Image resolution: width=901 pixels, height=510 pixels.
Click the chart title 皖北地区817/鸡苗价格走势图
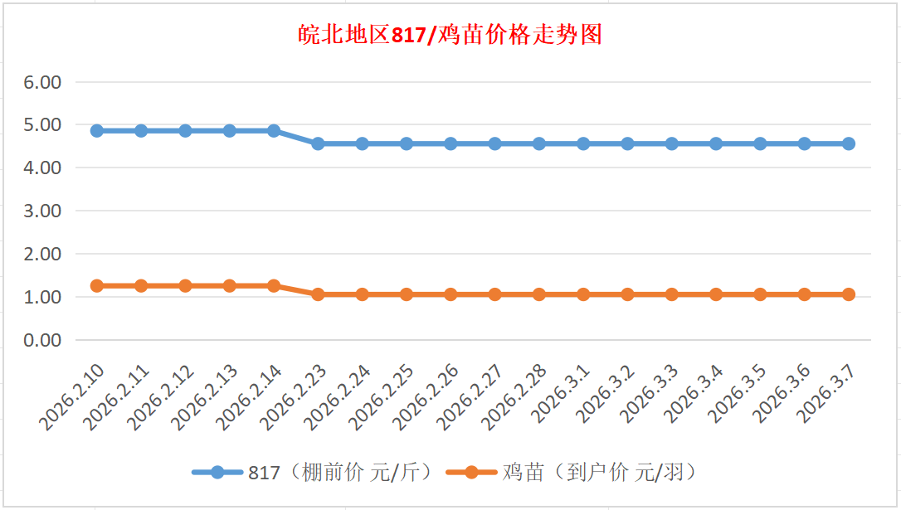pyautogui.click(x=450, y=36)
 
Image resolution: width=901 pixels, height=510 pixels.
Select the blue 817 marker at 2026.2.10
pyautogui.click(x=97, y=131)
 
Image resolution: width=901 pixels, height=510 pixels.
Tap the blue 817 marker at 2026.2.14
pyautogui.click(x=274, y=131)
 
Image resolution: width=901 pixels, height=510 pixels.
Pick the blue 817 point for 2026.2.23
pyautogui.click(x=318, y=143)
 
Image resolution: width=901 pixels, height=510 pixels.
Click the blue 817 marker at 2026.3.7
pyautogui.click(x=849, y=143)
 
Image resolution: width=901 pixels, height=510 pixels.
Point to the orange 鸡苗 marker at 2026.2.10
pyautogui.click(x=97, y=286)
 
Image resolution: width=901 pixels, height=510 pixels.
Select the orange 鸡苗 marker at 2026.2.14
pyautogui.click(x=274, y=286)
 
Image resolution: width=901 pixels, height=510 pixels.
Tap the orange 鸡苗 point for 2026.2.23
pyautogui.click(x=318, y=294)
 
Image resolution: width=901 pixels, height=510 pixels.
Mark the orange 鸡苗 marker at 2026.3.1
pyautogui.click(x=583, y=294)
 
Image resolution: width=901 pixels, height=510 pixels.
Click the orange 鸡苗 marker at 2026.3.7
pyautogui.click(x=849, y=294)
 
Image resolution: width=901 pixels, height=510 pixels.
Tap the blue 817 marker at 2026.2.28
pyautogui.click(x=539, y=143)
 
